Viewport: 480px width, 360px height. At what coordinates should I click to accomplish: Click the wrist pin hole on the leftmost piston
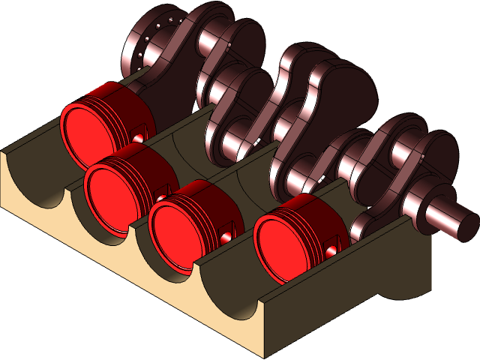pyautogui.click(x=139, y=138)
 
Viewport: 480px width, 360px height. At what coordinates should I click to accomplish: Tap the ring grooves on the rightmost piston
pyautogui.click(x=300, y=207)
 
